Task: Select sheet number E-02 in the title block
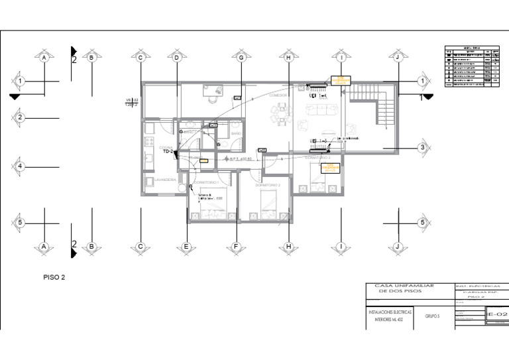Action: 497,315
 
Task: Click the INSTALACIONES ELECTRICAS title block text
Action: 390,311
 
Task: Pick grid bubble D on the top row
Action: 177,58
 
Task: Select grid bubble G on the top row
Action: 241,58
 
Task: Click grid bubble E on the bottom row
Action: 187,247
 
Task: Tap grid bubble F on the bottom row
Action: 235,247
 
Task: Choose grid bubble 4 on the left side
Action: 20,166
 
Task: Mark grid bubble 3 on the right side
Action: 422,148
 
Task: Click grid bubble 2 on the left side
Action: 20,118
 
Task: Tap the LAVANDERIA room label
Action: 164,180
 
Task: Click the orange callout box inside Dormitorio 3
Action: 330,169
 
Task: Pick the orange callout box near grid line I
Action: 339,81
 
